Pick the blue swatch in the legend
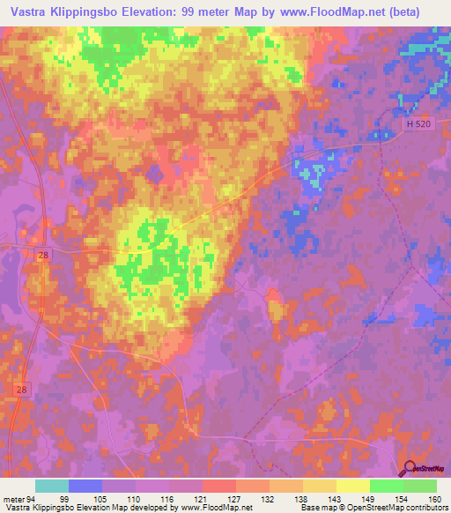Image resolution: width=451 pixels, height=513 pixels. pos(85,486)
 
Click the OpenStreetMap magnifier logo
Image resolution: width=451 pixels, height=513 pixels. pos(409,468)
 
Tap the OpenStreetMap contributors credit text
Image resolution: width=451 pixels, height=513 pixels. pos(399,507)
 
